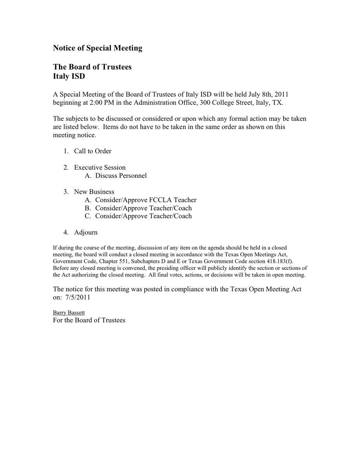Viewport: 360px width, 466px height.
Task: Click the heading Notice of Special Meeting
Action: pyautogui.click(x=97, y=48)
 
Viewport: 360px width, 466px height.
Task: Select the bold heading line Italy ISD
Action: pyautogui.click(x=69, y=77)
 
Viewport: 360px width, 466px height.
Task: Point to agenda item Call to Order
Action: pyautogui.click(x=92, y=151)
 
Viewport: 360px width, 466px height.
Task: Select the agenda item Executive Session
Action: pyautogui.click(x=100, y=167)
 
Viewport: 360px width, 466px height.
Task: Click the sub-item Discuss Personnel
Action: pyautogui.click(x=121, y=176)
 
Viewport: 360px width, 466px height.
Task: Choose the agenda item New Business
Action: pyautogui.click(x=94, y=192)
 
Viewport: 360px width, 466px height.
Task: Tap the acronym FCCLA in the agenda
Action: pyautogui.click(x=160, y=200)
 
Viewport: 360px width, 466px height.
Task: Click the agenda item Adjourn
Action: pyautogui.click(x=85, y=233)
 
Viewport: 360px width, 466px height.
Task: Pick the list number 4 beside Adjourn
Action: pyautogui.click(x=66, y=233)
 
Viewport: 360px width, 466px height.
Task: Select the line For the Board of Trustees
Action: pyautogui.click(x=89, y=320)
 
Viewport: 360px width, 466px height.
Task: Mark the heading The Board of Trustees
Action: pyautogui.click(x=92, y=67)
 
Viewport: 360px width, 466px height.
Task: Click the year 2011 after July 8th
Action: pyautogui.click(x=281, y=94)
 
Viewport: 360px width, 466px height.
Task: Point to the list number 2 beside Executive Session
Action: pyautogui.click(x=66, y=167)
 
